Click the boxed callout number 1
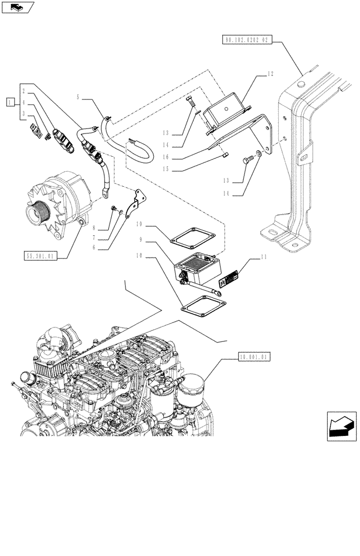[9, 101]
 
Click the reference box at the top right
[247, 39]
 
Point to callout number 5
[79, 97]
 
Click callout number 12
[271, 73]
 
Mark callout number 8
[94, 227]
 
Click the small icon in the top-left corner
[17, 7]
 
